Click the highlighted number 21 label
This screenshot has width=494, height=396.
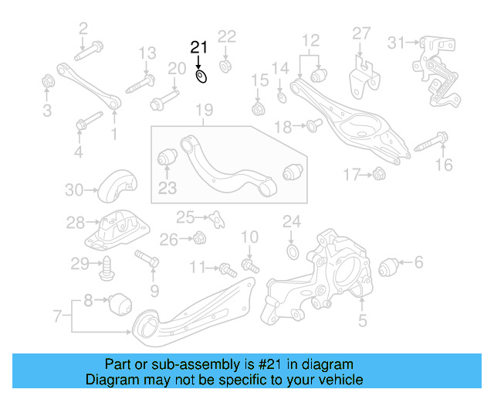[200, 48]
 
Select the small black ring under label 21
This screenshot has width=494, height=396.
[201, 76]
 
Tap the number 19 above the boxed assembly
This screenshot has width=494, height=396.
[203, 112]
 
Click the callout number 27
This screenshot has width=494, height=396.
[362, 33]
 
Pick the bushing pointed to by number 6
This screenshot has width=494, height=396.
[391, 268]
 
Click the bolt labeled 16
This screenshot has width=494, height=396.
[431, 143]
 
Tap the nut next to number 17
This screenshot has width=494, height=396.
[378, 175]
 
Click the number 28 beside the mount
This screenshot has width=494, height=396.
[75, 224]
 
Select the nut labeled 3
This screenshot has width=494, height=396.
[46, 80]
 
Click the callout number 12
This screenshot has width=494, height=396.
[310, 40]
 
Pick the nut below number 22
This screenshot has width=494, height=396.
[227, 63]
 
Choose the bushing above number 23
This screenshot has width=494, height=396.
[167, 157]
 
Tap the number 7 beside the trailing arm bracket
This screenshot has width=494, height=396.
[57, 315]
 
